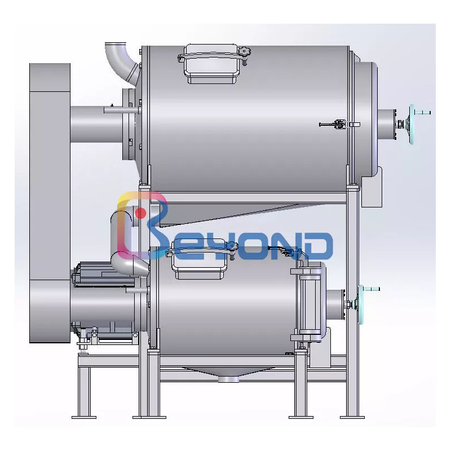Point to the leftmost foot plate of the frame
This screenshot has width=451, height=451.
[x=83, y=417]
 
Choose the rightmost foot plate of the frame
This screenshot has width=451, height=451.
[x=351, y=417]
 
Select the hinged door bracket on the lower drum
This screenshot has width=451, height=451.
[x=307, y=304]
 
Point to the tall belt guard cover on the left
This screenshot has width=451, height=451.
[x=50, y=203]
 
